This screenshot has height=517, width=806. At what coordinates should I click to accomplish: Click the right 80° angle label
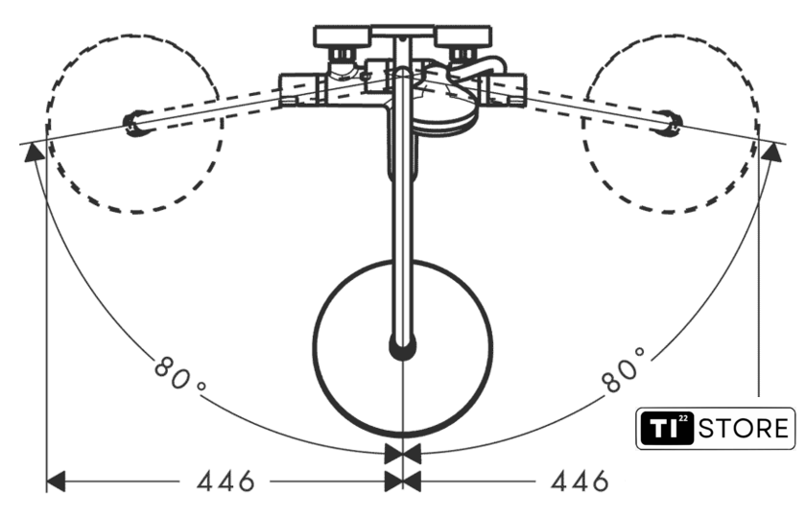click(x=623, y=369)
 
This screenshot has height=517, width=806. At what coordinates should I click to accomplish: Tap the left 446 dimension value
click(x=225, y=482)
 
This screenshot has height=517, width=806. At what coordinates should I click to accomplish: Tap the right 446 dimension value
click(x=580, y=482)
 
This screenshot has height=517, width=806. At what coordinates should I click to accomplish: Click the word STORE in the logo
click(x=744, y=428)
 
